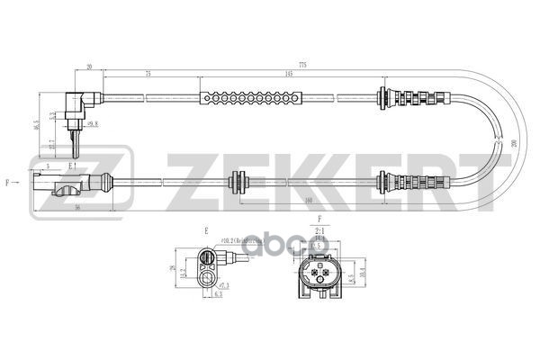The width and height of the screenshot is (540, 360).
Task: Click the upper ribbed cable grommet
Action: point(413,96)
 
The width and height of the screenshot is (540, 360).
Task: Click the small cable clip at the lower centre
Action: point(240,181)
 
